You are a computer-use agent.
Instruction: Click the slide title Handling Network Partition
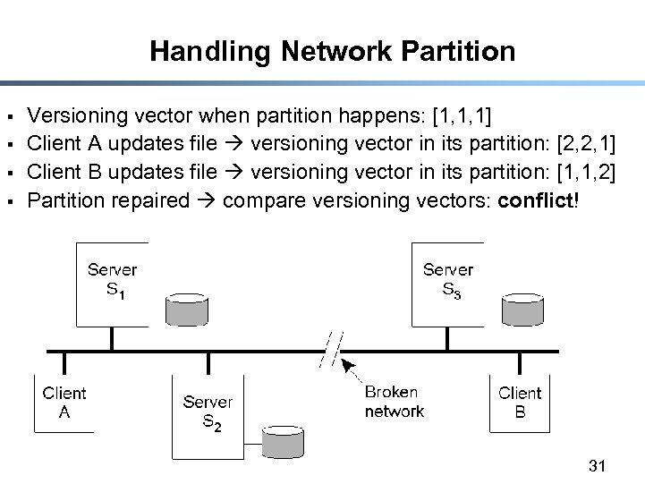(332, 51)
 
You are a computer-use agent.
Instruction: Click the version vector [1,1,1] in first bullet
(461, 115)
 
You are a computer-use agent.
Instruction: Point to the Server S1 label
(112, 279)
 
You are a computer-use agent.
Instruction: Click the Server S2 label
(208, 412)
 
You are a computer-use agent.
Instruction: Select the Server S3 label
(447, 279)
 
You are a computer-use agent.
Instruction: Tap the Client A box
(64, 403)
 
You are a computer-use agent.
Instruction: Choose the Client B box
(520, 403)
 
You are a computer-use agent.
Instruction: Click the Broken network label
(394, 403)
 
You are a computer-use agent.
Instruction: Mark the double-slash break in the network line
(333, 349)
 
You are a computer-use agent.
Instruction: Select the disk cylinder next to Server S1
(187, 308)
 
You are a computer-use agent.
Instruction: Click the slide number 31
(598, 465)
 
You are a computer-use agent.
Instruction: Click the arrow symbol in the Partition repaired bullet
(207, 200)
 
